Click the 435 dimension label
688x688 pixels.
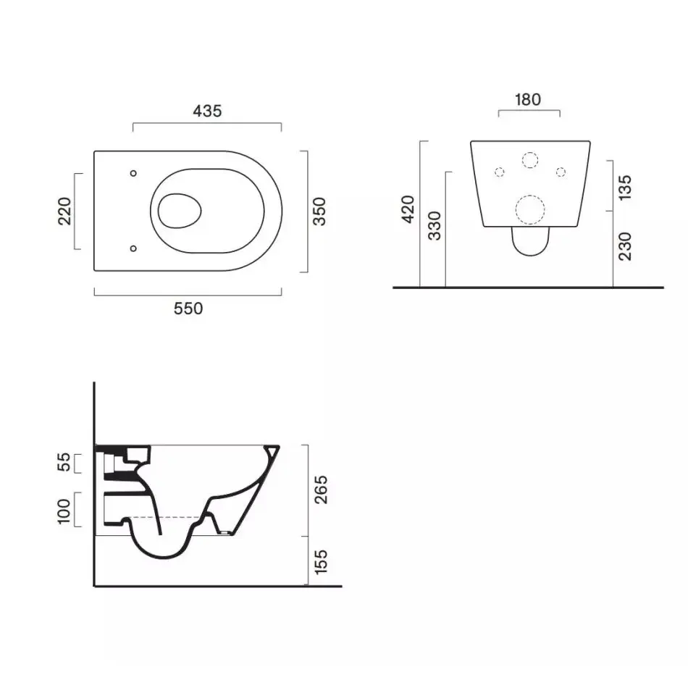tap(207, 111)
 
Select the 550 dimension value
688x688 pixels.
tap(188, 309)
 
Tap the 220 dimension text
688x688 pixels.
tap(64, 211)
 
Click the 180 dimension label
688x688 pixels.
tap(528, 100)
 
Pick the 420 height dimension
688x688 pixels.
tap(408, 209)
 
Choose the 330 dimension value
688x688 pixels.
tap(435, 225)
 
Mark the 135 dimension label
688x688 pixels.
tap(624, 188)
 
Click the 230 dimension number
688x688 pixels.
tap(624, 246)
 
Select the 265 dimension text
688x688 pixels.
tap(321, 490)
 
